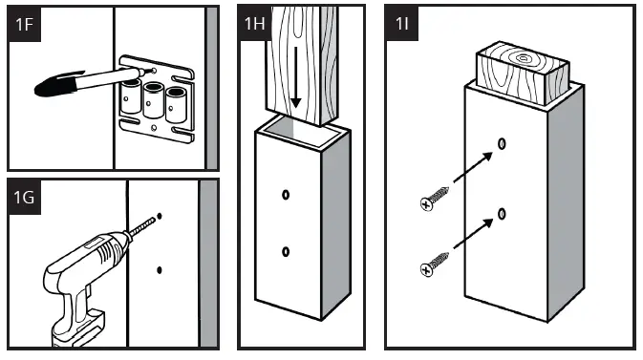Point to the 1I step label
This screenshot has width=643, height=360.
tap(405, 25)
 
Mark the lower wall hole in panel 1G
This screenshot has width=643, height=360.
tap(160, 270)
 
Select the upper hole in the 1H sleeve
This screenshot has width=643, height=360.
tap(286, 195)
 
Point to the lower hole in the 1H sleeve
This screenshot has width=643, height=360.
tap(286, 252)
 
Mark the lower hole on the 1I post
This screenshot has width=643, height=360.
tap(502, 212)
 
